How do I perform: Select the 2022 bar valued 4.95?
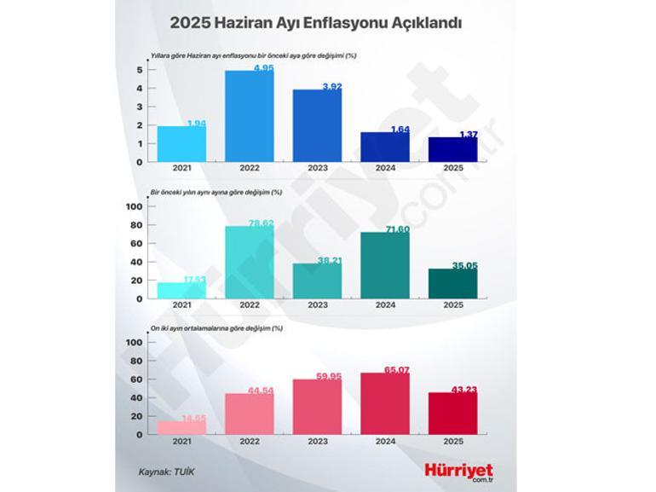point(249,117)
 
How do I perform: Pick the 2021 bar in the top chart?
point(181,144)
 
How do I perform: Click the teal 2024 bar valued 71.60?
point(385,265)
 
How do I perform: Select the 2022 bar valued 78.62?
point(249,263)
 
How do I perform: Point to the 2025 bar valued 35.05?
point(452,284)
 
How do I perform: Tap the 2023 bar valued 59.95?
point(317,407)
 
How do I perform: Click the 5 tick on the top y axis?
point(139,70)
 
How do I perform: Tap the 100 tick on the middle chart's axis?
point(135,206)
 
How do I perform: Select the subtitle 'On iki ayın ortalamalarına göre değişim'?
point(216,328)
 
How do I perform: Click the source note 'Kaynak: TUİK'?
point(164,471)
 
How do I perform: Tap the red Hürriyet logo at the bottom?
point(458,470)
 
